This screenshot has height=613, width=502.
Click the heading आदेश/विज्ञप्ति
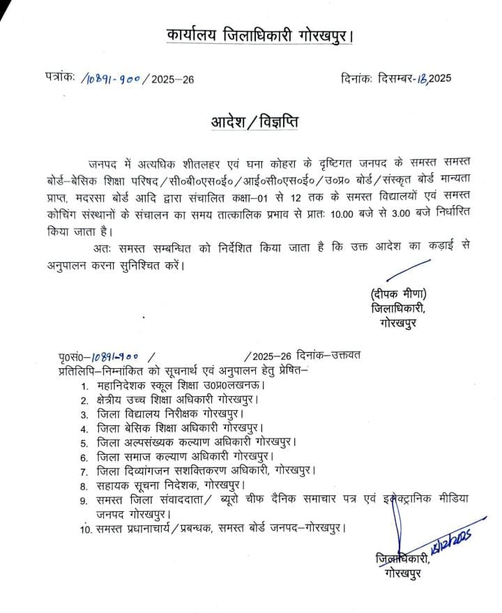tap(254, 121)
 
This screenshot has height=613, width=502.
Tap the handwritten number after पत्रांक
tap(110, 77)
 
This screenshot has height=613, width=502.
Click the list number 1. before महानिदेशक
tap(84, 385)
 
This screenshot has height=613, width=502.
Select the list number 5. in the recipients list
tap(84, 442)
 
